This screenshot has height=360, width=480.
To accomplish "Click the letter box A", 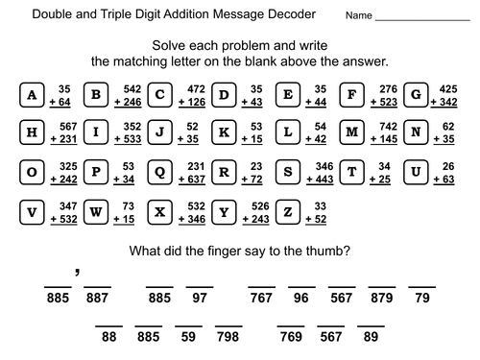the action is coord(33,94).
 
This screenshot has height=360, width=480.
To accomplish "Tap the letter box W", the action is coord(97,210).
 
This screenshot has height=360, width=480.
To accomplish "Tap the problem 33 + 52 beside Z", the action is coord(320,210).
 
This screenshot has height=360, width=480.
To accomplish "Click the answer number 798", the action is coord(228,338).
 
